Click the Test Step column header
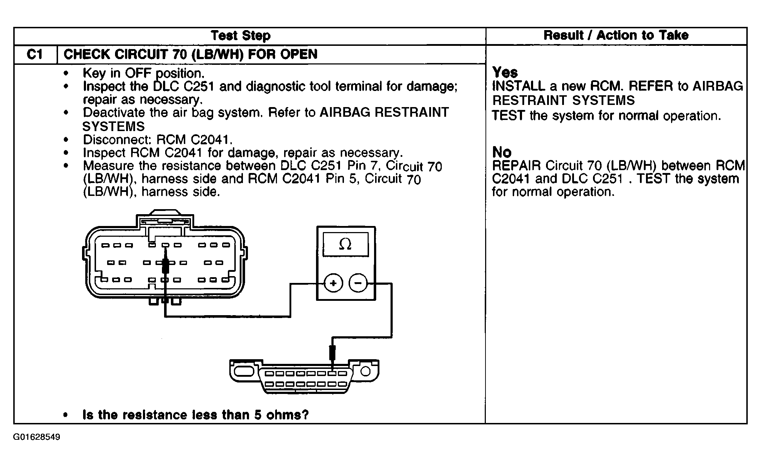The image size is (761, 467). [241, 36]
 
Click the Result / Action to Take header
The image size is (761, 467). [616, 35]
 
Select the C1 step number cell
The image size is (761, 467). [35, 54]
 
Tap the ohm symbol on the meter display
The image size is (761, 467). [345, 245]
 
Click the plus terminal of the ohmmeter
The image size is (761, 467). [333, 284]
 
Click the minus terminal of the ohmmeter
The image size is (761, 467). [358, 284]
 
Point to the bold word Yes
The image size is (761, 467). [505, 73]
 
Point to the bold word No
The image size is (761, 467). [502, 153]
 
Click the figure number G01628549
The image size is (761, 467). [37, 437]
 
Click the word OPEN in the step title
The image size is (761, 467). [299, 54]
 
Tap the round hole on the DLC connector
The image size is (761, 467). [365, 371]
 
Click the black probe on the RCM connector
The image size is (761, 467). [165, 266]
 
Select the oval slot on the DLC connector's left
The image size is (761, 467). [244, 371]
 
